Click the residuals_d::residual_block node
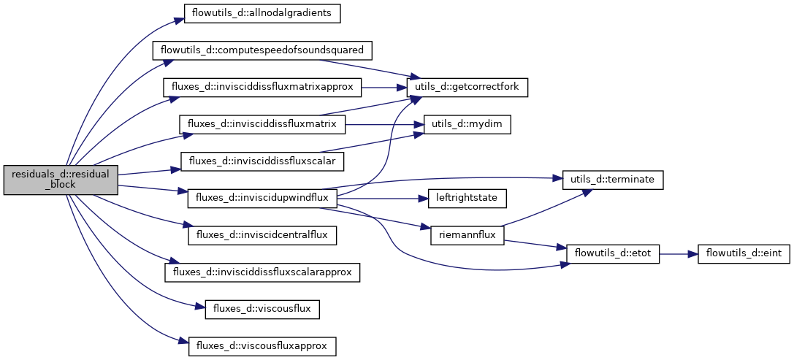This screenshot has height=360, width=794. [x=61, y=180]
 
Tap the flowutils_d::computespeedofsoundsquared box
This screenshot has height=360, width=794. [x=262, y=50]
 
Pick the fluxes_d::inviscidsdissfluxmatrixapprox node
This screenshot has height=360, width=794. [x=262, y=87]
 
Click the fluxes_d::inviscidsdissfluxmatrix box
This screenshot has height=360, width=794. [x=262, y=124]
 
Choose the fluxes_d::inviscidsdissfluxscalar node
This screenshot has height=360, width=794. [x=262, y=161]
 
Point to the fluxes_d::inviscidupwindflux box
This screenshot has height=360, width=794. [x=262, y=198]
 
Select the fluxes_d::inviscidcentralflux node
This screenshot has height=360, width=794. [x=262, y=235]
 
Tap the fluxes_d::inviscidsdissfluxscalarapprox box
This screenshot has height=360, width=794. [x=262, y=272]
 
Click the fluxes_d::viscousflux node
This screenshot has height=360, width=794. [x=262, y=309]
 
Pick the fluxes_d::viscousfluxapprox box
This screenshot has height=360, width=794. [x=262, y=345]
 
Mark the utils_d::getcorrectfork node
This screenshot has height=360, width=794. [x=467, y=87]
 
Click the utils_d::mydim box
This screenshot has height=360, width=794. [x=467, y=124]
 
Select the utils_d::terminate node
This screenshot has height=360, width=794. [x=612, y=179]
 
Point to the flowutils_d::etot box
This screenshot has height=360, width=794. [x=612, y=253]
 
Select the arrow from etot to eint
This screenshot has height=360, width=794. [x=679, y=253]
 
